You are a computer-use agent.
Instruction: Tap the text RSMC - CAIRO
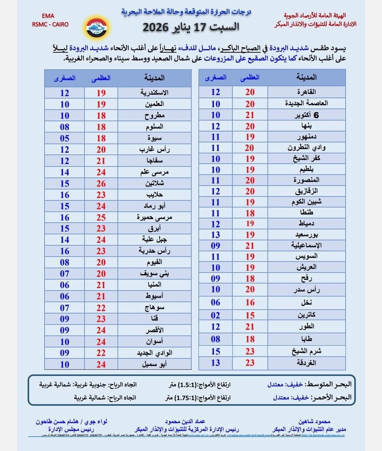(50, 24)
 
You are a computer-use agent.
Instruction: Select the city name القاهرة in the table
(306, 92)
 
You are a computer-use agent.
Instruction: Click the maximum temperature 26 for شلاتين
(101, 183)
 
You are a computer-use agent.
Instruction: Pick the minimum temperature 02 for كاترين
(215, 315)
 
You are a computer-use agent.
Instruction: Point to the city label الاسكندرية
(154, 93)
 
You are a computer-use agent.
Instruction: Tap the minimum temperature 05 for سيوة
(64, 138)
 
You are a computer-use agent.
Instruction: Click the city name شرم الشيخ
(306, 351)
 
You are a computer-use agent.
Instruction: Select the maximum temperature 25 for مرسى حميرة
(101, 217)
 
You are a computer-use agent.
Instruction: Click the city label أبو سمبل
(154, 364)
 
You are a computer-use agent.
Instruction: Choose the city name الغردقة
(306, 363)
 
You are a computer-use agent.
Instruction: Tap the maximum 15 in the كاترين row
(250, 315)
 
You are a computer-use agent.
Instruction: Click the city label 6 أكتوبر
(306, 115)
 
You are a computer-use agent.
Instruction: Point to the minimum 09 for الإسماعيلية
(215, 246)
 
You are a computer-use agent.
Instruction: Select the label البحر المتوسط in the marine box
(329, 384)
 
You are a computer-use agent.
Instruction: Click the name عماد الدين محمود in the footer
(185, 421)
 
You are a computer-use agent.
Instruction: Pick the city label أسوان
(154, 341)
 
